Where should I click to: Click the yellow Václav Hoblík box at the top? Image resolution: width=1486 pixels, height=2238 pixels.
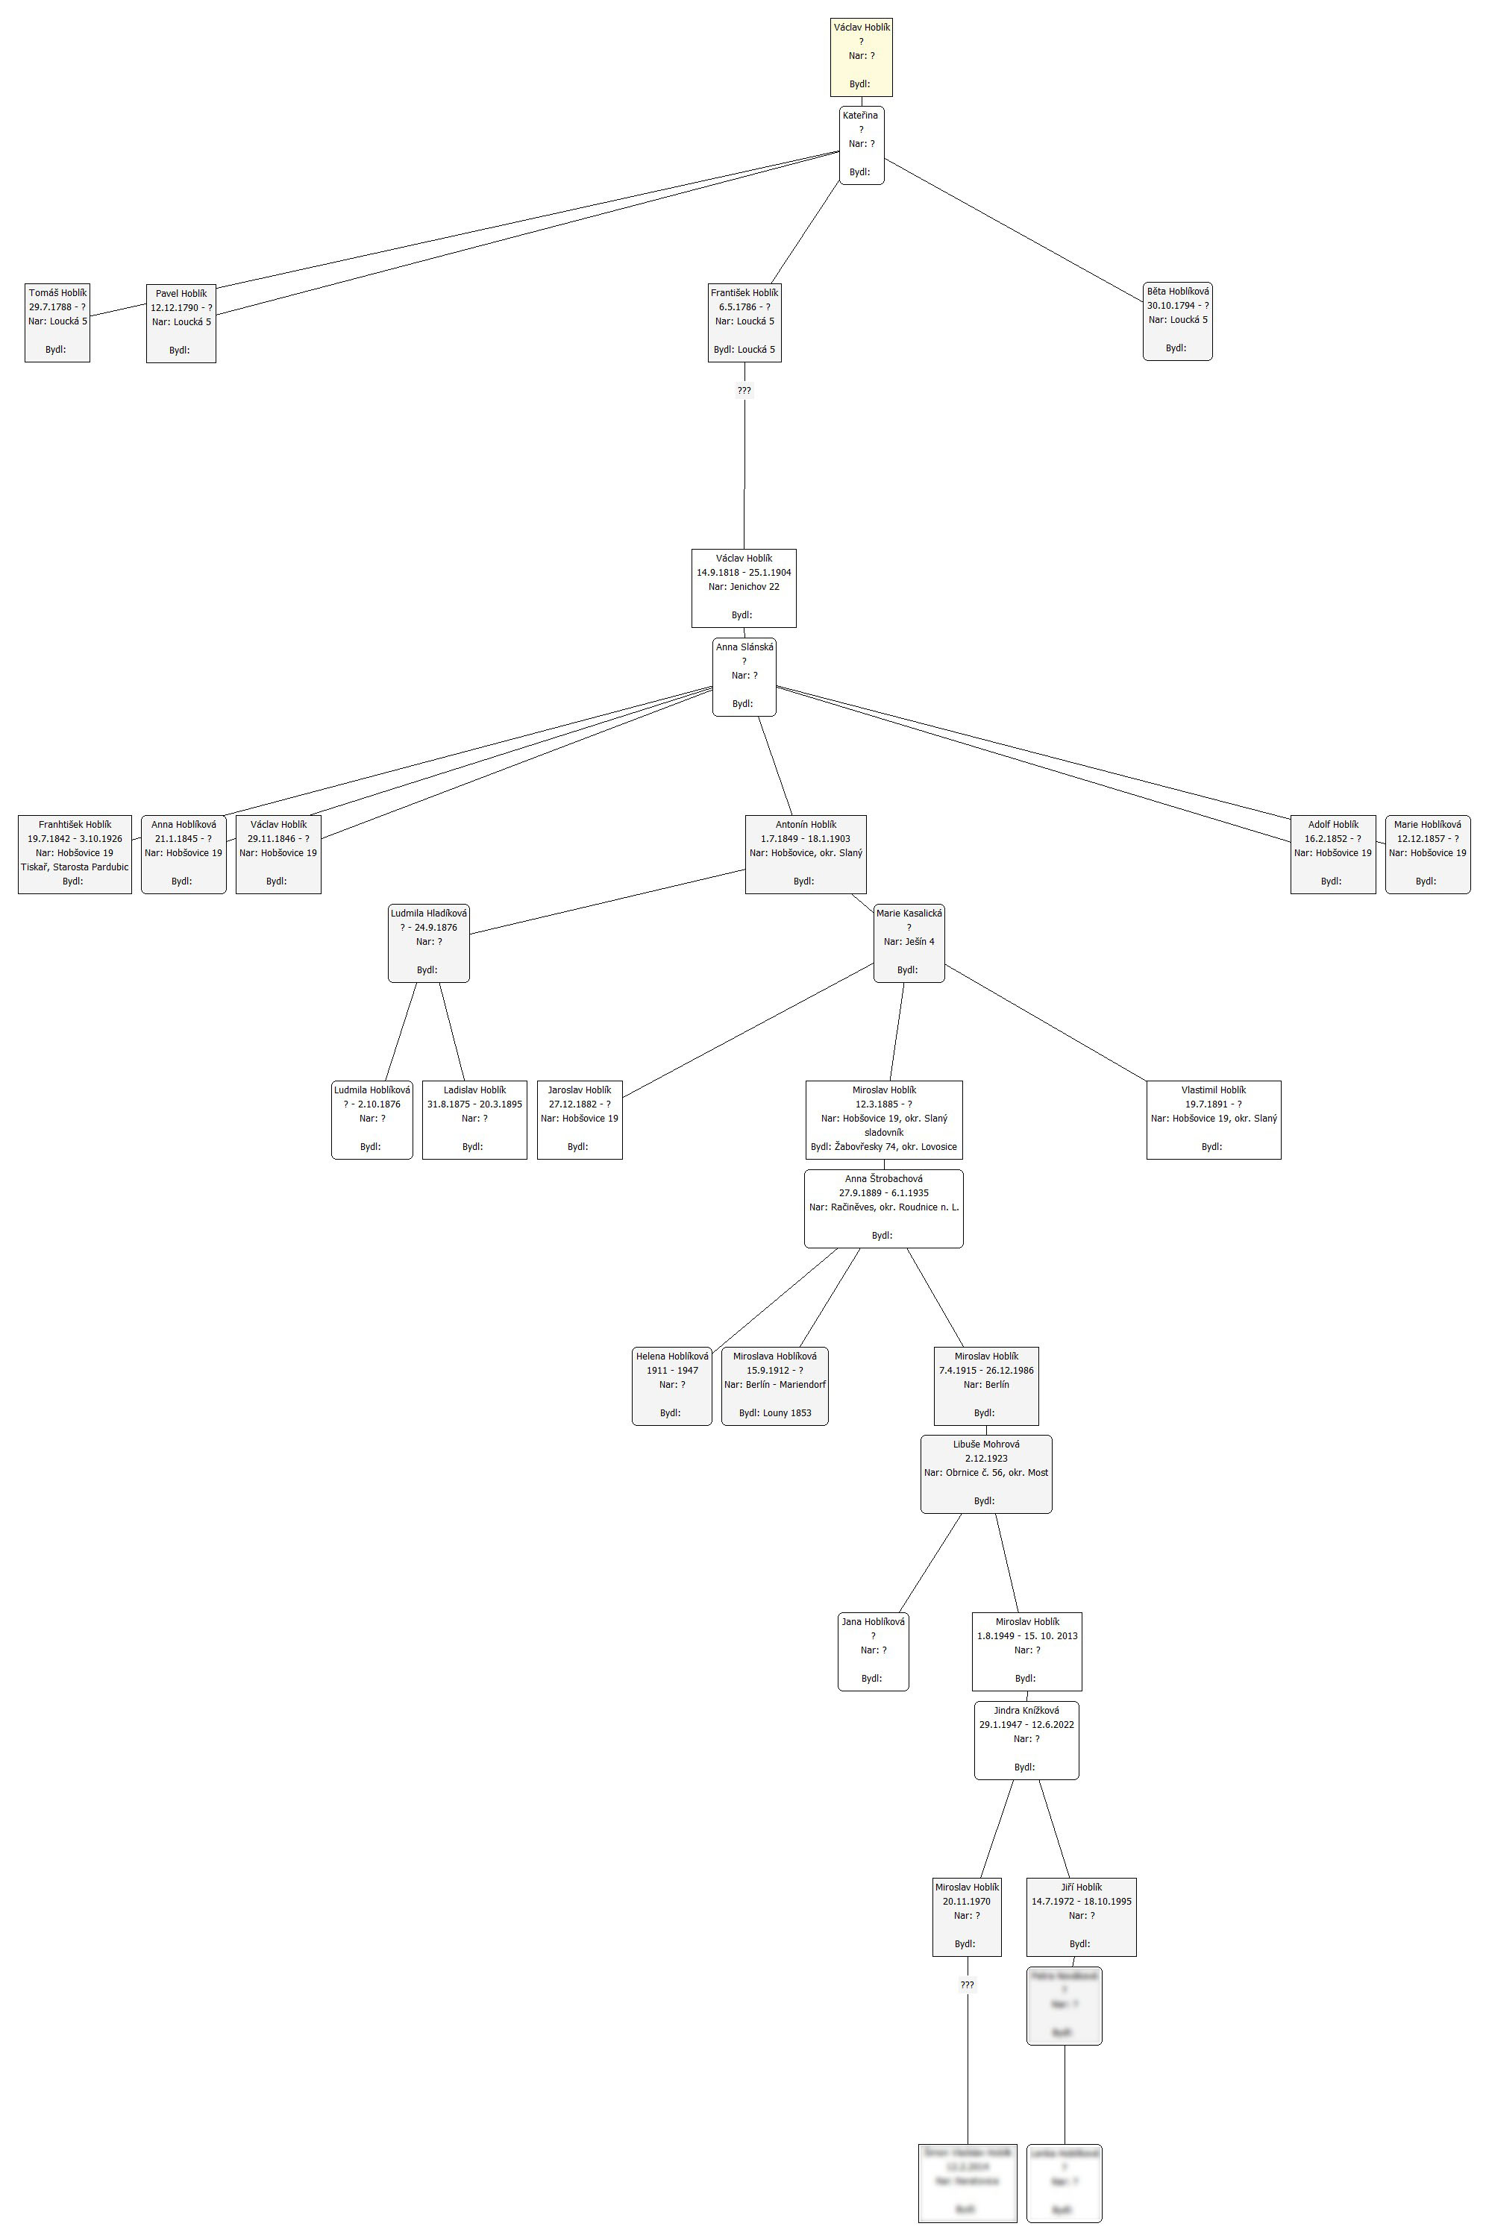861,57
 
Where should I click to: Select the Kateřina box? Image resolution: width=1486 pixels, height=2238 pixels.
861,144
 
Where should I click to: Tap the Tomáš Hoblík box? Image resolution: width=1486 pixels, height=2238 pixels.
57,322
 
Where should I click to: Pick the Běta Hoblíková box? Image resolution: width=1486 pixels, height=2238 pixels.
1177,321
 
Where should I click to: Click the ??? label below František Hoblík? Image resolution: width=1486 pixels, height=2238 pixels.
744,390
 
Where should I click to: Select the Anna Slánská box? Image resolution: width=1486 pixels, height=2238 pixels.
744,676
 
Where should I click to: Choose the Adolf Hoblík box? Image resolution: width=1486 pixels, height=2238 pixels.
1332,854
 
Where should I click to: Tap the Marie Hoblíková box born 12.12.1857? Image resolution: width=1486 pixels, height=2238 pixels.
1427,854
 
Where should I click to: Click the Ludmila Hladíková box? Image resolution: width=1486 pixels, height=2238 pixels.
428,943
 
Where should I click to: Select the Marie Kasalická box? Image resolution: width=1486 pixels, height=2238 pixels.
909,943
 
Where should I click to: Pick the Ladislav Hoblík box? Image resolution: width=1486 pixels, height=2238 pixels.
474,1119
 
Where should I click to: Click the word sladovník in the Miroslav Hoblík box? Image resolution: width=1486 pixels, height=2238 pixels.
883,1132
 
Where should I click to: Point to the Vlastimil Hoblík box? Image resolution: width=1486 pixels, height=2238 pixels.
1213,1119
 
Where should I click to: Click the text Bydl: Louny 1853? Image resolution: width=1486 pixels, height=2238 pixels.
774,1412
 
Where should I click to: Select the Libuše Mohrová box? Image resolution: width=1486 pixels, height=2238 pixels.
985,1474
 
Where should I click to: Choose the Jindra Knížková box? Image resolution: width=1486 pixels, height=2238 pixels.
1026,1740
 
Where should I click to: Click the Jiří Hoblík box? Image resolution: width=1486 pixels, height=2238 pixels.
1080,1917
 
